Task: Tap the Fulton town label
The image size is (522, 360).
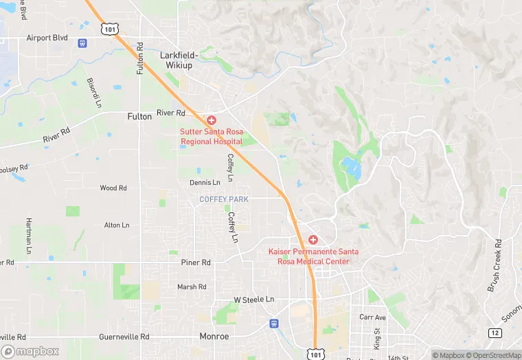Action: pos(139,117)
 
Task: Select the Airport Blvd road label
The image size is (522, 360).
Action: pos(47,38)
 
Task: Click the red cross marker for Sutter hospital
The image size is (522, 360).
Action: pos(212,120)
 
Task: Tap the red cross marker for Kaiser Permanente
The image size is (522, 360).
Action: pos(313,239)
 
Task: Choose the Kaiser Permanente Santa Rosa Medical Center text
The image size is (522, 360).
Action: pos(313,256)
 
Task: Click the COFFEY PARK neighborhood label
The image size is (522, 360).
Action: pos(224,199)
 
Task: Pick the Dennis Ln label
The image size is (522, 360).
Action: pos(205,182)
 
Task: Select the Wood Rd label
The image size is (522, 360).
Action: pos(113,188)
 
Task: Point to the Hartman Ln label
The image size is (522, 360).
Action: pos(29,234)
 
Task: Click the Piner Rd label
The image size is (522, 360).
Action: pos(196,262)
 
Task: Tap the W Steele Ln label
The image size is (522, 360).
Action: pos(253,300)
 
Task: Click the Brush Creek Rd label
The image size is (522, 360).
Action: pos(495,265)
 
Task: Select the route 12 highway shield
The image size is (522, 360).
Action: pos(495,333)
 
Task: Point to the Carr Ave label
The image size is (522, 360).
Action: pos(373,317)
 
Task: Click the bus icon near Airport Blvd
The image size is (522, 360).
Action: pos(82,43)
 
